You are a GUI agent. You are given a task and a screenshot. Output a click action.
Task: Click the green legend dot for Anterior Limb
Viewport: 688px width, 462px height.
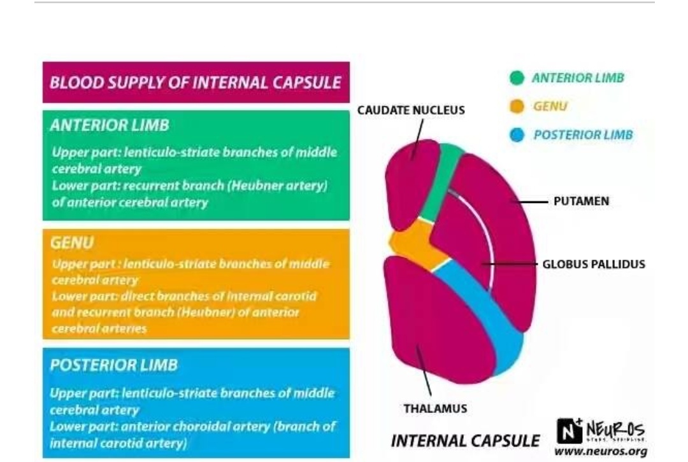[518, 78]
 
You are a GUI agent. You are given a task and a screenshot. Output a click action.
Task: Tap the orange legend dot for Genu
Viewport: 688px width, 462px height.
[517, 106]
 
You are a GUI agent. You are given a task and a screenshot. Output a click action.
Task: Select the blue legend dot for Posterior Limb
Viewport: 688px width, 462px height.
[518, 135]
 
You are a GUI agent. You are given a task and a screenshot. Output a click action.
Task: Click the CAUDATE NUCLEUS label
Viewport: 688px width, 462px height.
[411, 111]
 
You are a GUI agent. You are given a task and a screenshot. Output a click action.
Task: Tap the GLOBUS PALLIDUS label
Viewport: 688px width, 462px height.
[594, 263]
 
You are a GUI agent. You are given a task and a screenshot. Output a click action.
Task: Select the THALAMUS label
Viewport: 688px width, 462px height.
[435, 408]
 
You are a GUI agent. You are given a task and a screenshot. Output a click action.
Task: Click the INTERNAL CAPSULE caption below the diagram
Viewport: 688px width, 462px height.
[466, 441]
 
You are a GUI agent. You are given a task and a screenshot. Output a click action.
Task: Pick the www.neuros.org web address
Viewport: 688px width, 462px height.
[600, 452]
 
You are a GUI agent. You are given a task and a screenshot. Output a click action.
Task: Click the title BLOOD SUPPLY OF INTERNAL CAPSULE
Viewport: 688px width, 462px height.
[196, 83]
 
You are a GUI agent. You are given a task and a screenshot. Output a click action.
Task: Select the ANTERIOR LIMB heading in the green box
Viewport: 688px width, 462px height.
[110, 125]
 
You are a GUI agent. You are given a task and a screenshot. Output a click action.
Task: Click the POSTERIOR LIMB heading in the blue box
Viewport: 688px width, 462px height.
[114, 365]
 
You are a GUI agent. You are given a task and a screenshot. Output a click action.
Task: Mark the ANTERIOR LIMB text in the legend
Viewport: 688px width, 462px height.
[578, 78]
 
